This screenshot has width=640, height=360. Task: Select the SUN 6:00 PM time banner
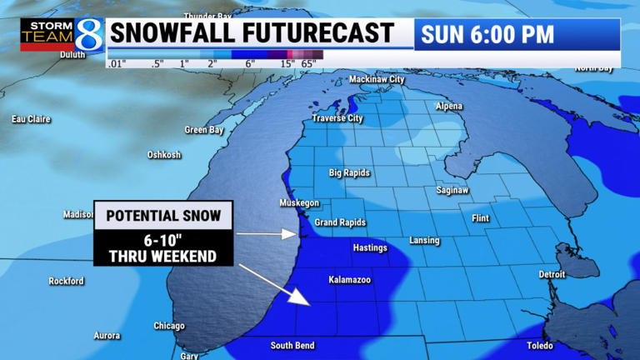[x=487, y=34]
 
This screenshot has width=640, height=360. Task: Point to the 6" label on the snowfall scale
[x=249, y=64]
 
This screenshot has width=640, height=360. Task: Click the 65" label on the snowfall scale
[x=308, y=64]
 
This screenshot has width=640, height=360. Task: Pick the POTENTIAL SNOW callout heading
[x=163, y=216]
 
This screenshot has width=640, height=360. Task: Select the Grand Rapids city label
[x=340, y=222]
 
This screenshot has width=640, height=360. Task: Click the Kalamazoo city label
[x=349, y=279]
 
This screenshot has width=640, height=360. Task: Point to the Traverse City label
[x=337, y=118]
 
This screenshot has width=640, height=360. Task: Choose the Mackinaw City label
[x=376, y=79]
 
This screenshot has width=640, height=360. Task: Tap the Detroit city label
[x=552, y=274]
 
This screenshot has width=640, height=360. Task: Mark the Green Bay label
[x=204, y=130]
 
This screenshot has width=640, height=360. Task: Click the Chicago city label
[x=169, y=326]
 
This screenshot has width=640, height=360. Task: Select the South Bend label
[x=292, y=345]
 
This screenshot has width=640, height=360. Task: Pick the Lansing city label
[x=424, y=241]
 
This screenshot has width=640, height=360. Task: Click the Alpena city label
[x=449, y=107]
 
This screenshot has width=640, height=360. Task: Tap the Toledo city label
[x=539, y=345]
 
